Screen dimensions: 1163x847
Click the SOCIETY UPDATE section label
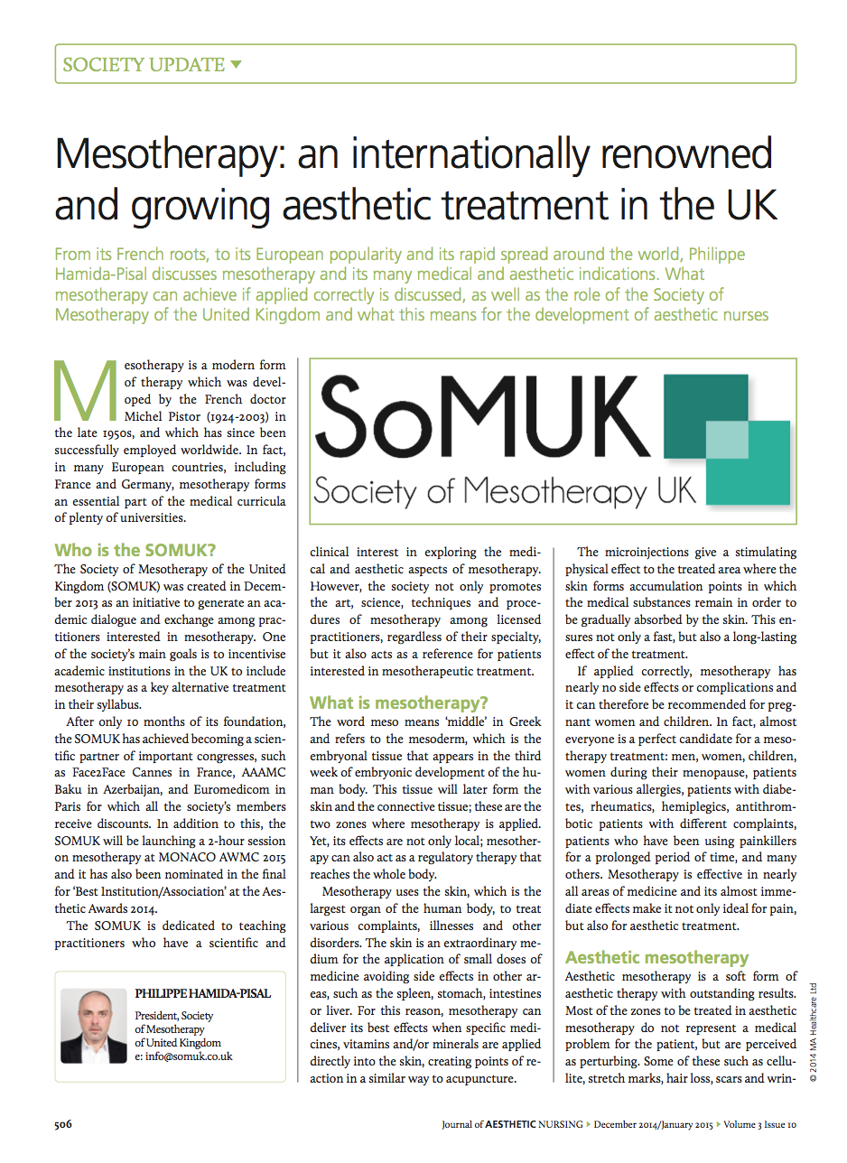tap(143, 65)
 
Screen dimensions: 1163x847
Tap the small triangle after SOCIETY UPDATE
tap(237, 64)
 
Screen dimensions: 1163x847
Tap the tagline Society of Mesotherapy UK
tap(505, 491)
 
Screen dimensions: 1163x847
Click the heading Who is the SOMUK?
tap(136, 550)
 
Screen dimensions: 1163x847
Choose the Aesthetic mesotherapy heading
tap(656, 957)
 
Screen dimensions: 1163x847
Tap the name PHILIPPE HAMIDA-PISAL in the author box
tap(203, 993)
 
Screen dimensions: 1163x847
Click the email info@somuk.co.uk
tap(183, 1056)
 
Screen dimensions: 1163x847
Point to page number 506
tap(62, 1124)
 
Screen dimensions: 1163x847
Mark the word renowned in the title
tap(686, 156)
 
